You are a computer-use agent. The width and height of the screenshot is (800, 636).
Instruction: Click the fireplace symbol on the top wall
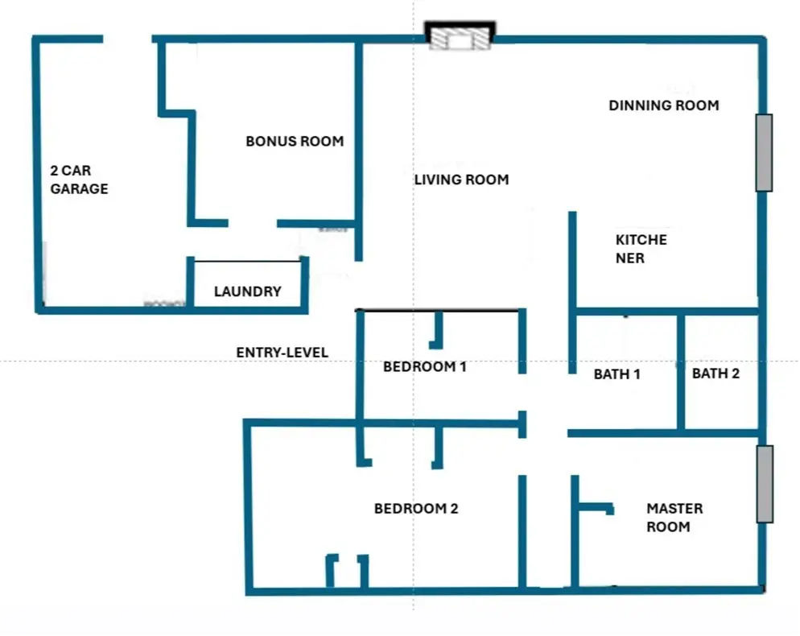point(460,35)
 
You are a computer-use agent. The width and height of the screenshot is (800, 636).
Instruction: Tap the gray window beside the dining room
point(764,153)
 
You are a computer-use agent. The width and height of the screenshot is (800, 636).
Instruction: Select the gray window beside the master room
point(765,484)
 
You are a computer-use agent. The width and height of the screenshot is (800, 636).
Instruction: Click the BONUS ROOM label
point(295,141)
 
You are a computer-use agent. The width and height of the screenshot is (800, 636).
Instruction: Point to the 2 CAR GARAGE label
point(79,180)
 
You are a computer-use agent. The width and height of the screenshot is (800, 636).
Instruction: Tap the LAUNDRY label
point(247,291)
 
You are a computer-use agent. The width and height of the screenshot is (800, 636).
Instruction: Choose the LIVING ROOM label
point(461,180)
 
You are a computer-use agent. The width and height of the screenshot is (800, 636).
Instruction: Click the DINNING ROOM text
point(664,105)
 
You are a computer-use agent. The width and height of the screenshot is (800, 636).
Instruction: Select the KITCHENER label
point(641,249)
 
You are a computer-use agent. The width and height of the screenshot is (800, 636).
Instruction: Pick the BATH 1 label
point(616,374)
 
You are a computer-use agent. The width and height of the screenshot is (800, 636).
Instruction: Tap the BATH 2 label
point(715,374)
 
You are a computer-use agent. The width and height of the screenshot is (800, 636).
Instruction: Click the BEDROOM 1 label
point(424,366)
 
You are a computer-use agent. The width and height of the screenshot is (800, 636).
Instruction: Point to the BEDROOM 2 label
point(416,508)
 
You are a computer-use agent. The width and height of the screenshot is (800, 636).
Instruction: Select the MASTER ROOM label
point(674,518)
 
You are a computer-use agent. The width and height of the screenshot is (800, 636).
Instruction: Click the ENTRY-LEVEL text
point(282,352)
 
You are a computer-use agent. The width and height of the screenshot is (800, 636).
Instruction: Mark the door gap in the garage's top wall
point(127,39)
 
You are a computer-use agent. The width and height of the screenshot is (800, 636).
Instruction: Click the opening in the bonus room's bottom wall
point(253,223)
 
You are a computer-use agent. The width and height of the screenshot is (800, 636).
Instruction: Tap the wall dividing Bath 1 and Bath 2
point(681,373)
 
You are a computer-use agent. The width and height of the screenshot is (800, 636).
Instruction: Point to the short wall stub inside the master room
point(596,508)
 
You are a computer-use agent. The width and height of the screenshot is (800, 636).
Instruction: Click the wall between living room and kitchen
point(572,292)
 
